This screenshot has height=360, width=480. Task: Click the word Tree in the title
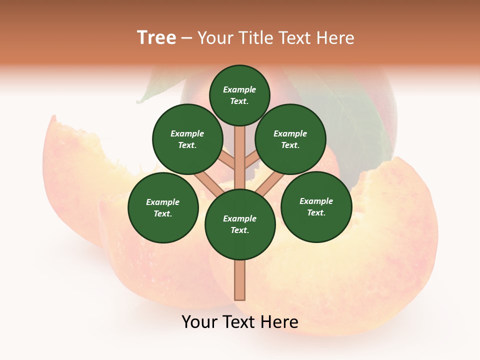(x=156, y=38)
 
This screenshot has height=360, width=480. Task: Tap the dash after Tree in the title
(x=186, y=38)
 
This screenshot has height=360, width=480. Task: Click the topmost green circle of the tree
(x=239, y=95)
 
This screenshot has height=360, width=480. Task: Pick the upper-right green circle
(x=290, y=139)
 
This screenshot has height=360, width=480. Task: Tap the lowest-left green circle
(x=163, y=207)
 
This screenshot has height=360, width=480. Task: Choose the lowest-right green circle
(x=316, y=206)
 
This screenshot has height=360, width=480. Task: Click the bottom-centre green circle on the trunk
(x=240, y=224)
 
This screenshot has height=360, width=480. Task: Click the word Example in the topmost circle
(x=239, y=89)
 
